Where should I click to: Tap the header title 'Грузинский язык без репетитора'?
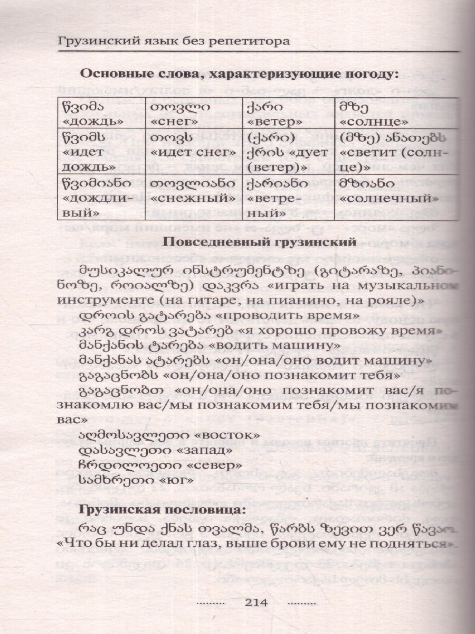(x=175, y=42)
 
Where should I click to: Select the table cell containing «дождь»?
(x=99, y=114)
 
